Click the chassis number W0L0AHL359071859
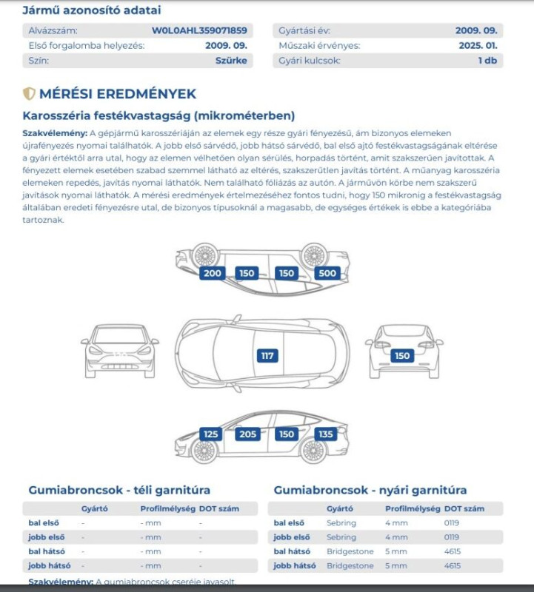click(x=199, y=31)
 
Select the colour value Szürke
click(x=230, y=61)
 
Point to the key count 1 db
click(x=487, y=61)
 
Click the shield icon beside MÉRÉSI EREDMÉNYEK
click(x=29, y=94)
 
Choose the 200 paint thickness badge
click(x=212, y=273)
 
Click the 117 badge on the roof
click(x=267, y=356)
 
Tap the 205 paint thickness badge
click(x=247, y=434)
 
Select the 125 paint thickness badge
click(x=211, y=434)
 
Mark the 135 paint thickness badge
click(x=325, y=434)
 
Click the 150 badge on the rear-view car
click(x=402, y=356)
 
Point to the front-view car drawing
click(x=119, y=351)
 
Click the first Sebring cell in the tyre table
click(x=341, y=523)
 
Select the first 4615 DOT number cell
click(x=453, y=551)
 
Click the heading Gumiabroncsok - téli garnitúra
click(x=119, y=490)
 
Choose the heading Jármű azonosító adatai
click(x=92, y=10)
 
